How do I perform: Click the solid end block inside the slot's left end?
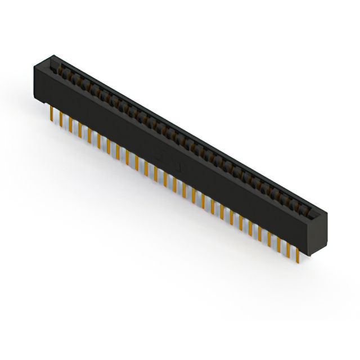(55, 63)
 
